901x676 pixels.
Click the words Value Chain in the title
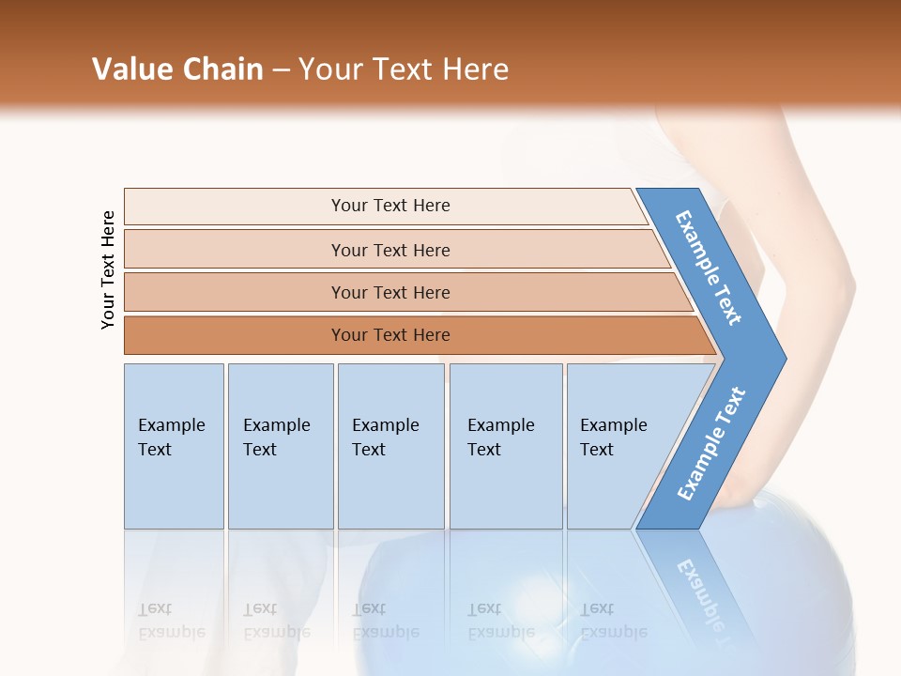tap(177, 69)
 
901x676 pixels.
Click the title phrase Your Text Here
tap(404, 69)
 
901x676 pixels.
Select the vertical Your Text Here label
tap(108, 270)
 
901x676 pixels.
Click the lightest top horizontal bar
tap(390, 206)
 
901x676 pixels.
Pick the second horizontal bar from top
tap(390, 250)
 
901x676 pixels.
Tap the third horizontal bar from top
tap(390, 292)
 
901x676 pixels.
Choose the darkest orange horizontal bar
tap(390, 335)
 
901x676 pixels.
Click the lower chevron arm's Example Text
tap(711, 444)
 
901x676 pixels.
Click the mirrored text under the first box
tap(172, 621)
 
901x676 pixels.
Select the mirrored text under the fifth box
tap(614, 621)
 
